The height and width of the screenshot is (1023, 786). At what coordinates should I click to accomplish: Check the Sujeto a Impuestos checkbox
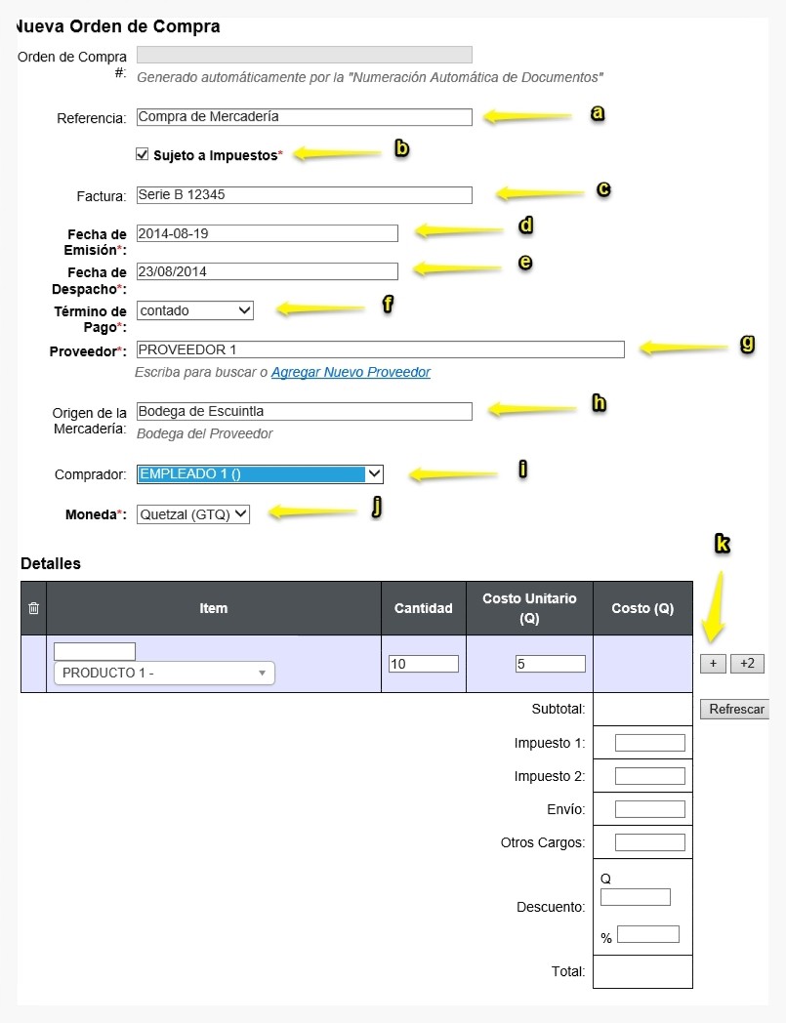point(143,154)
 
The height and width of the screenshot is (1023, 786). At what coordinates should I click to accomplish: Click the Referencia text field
point(305,117)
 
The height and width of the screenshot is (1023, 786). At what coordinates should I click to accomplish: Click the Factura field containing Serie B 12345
point(305,195)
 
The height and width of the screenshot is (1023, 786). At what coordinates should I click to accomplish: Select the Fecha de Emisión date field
point(267,233)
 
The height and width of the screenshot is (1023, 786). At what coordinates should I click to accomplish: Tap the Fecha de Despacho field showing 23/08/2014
point(267,272)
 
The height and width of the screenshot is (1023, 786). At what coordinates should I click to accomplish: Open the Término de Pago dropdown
point(195,310)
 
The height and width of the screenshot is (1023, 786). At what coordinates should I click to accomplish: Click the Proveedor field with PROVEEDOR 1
point(381,349)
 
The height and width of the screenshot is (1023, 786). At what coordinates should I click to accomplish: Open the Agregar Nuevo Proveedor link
point(351,372)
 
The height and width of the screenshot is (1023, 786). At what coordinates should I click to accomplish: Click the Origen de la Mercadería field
point(305,412)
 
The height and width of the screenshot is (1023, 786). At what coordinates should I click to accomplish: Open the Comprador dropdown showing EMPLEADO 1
point(260,474)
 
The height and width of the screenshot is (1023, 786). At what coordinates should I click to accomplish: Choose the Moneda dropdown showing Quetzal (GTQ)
point(193,514)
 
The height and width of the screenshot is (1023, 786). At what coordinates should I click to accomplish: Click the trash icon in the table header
point(34,608)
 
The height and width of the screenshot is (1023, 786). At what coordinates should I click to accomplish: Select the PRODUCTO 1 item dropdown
point(164,673)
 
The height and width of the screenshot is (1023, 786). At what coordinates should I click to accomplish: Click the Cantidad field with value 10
point(424,664)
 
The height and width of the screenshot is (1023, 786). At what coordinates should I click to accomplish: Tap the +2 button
point(747,664)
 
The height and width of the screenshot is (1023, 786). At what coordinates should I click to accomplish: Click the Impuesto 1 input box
point(650,743)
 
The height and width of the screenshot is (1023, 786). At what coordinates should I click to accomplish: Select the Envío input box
point(650,809)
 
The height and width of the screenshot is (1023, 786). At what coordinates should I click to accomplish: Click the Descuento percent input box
point(648,934)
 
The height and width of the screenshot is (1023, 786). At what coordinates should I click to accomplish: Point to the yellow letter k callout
point(722,543)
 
